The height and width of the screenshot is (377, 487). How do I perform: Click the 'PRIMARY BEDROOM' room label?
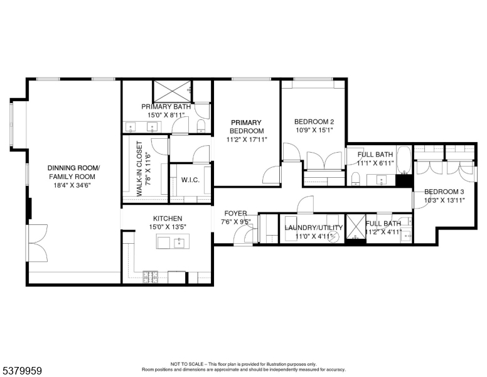point(246,126)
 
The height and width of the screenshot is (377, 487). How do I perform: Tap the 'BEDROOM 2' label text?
point(314,122)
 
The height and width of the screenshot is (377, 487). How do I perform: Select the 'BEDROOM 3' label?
point(444,192)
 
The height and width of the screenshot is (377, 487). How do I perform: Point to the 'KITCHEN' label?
point(166,218)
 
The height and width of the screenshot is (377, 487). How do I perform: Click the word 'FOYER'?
point(235,214)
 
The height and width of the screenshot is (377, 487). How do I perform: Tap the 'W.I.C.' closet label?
point(190,180)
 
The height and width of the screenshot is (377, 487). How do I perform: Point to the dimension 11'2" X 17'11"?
point(246,139)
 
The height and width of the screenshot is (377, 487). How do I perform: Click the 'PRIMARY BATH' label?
point(165,107)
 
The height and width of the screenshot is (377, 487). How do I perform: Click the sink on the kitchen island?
point(179,241)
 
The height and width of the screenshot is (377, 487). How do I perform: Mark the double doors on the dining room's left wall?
point(36,243)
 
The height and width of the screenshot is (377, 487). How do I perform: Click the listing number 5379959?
point(22,371)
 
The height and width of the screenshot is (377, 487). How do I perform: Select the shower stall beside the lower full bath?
point(356,225)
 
